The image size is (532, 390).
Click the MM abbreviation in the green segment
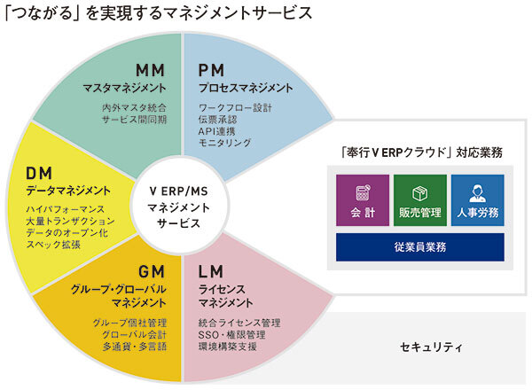coord(150,70)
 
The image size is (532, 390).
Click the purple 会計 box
coord(363,199)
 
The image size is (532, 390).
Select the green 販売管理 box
coord(419,199)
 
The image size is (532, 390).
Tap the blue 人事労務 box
coord(477,199)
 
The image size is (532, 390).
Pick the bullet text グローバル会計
coord(131,335)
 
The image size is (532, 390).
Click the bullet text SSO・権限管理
coord(235,335)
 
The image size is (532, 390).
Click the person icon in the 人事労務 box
coord(477,191)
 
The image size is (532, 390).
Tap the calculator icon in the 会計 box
coord(363,191)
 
